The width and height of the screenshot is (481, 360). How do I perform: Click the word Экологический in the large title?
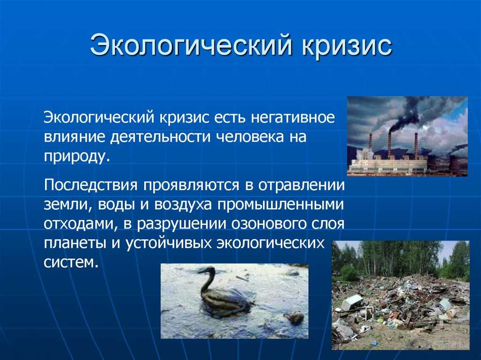pyautogui.click(x=191, y=46)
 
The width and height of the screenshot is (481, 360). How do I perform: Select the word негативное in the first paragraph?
pyautogui.click(x=293, y=118)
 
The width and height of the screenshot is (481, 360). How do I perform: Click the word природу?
pyautogui.click(x=77, y=157)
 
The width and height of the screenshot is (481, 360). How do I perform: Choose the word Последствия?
pyautogui.click(x=91, y=185)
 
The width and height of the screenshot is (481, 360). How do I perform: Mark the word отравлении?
pyautogui.click(x=302, y=185)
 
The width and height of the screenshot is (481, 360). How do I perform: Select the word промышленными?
pyautogui.click(x=281, y=205)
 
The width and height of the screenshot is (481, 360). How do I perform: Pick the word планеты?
pyautogui.click(x=73, y=244)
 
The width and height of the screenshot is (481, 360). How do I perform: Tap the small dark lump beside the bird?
pyautogui.click(x=294, y=318)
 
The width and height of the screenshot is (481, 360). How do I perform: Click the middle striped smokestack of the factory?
pyautogui.click(x=389, y=145)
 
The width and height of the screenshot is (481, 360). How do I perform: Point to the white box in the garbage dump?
pyautogui.click(x=352, y=302)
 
